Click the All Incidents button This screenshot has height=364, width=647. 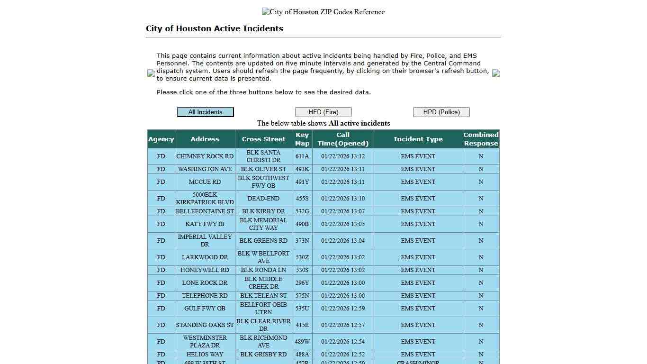point(205,112)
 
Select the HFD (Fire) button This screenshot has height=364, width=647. point(323,112)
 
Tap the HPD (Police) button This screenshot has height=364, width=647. point(441,112)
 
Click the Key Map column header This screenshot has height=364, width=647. point(302,139)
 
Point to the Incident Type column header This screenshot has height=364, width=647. point(418,139)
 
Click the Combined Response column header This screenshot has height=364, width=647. point(481,139)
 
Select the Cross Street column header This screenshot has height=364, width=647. point(263,139)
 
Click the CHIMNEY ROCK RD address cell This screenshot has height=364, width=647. point(205,156)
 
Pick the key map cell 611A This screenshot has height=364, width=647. point(302,156)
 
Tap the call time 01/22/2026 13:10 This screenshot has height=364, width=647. point(343,199)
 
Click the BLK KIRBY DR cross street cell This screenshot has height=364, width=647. point(263,211)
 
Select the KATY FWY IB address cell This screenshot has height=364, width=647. point(205,224)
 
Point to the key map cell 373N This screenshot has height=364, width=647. point(302,241)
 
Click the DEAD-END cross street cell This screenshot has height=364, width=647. point(263,199)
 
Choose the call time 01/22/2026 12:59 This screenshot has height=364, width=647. point(343,309)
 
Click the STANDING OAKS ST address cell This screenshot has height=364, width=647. point(205,325)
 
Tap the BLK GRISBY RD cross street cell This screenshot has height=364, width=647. point(263,355)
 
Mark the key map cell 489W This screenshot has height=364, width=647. point(302,342)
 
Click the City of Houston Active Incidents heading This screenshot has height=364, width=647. point(215,28)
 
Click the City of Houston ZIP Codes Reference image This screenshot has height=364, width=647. point(323,12)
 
